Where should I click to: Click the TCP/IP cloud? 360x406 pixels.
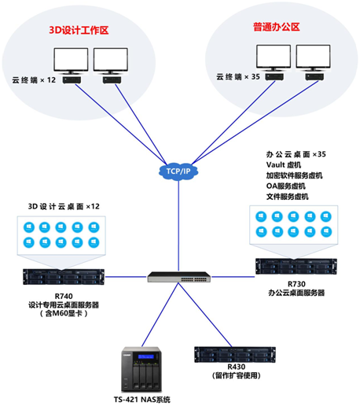(x=178, y=172)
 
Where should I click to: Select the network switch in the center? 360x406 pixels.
(x=179, y=277)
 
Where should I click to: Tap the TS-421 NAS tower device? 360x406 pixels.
(x=141, y=369)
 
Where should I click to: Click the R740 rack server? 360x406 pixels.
(x=64, y=277)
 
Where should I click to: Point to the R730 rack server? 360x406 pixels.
(x=296, y=266)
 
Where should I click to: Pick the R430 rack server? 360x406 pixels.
(x=235, y=354)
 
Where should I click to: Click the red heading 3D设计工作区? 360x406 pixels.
(x=79, y=30)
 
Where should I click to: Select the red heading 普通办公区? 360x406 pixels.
(x=277, y=27)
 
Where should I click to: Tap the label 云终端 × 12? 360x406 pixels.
(x=34, y=80)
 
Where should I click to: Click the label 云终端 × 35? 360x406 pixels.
(x=238, y=77)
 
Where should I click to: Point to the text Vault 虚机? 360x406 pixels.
(x=284, y=164)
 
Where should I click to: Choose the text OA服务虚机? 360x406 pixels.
(x=286, y=186)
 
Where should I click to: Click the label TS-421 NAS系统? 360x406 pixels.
(x=142, y=400)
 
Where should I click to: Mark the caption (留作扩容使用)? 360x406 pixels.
(x=237, y=375)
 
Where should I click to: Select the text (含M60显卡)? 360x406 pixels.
(x=64, y=313)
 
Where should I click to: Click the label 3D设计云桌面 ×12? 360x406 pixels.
(x=64, y=206)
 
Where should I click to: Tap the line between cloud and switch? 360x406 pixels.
(x=178, y=226)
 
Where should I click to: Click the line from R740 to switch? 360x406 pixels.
(x=126, y=277)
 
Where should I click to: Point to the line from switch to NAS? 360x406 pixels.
(x=160, y=315)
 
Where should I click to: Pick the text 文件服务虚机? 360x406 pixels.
(x=288, y=197)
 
